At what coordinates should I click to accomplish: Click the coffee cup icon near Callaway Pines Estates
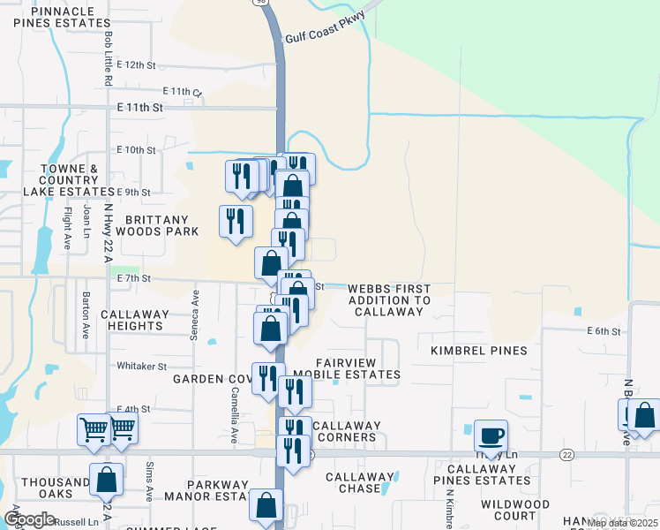click(491, 435)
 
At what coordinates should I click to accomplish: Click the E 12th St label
click(136, 65)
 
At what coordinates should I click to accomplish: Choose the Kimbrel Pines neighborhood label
click(478, 351)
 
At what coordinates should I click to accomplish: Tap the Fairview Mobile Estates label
click(346, 368)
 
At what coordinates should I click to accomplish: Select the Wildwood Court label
click(515, 510)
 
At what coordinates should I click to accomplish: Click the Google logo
click(29, 519)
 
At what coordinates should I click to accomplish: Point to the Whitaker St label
click(142, 366)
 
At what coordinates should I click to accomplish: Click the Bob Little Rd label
click(108, 58)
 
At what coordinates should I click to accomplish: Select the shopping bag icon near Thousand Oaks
click(106, 480)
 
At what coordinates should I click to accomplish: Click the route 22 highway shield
click(566, 453)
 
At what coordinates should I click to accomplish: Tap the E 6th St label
click(604, 331)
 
